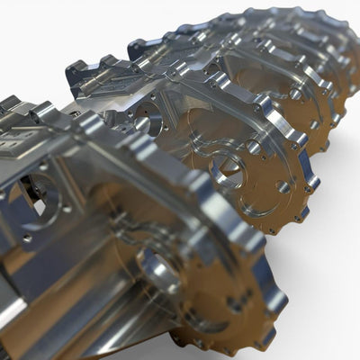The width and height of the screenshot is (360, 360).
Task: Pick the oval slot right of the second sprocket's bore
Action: [283, 186]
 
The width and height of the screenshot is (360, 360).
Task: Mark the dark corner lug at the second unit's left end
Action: [76, 70]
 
